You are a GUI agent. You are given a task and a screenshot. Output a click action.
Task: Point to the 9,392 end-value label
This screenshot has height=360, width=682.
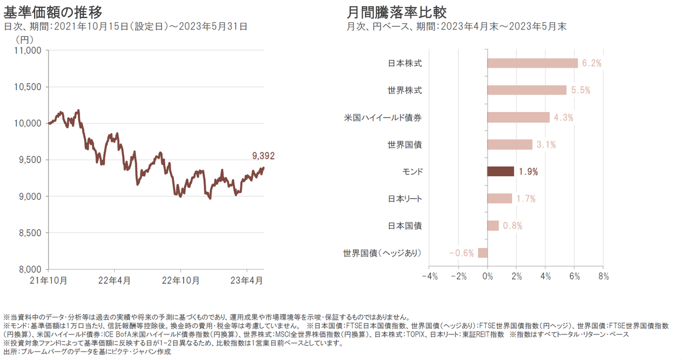tap(263, 155)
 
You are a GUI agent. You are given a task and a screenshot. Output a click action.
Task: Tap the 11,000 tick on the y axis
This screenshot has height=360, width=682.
tap(27, 51)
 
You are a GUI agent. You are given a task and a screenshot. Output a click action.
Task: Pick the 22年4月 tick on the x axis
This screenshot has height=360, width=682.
tap(114, 280)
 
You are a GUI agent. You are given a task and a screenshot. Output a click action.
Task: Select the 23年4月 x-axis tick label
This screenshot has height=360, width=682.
tap(246, 280)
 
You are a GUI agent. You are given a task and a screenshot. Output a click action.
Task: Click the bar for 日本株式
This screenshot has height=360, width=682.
tap(533, 63)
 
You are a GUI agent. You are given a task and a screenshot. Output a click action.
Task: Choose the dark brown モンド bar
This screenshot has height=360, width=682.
tap(501, 171)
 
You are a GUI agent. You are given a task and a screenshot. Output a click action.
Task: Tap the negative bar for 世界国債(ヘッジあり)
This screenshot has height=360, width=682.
tap(483, 253)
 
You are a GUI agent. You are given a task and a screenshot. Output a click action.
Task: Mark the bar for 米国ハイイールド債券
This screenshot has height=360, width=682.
tap(518, 117)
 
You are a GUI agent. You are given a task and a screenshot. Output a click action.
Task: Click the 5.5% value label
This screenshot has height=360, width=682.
tap(581, 90)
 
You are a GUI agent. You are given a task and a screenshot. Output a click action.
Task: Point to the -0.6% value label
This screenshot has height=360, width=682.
tap(461, 253)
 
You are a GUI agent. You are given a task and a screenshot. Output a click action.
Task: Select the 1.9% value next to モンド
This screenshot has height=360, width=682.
tap(528, 171)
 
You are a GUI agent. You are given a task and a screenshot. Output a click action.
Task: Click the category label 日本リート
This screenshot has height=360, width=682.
tap(405, 198)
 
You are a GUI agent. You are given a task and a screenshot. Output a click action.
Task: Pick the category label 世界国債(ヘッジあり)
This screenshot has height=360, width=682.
tap(382, 253)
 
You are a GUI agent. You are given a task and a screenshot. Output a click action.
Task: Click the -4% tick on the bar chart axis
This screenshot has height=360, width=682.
tap(429, 277)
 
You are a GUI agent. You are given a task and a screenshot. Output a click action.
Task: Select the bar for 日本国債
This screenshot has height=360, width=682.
tap(493, 226)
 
